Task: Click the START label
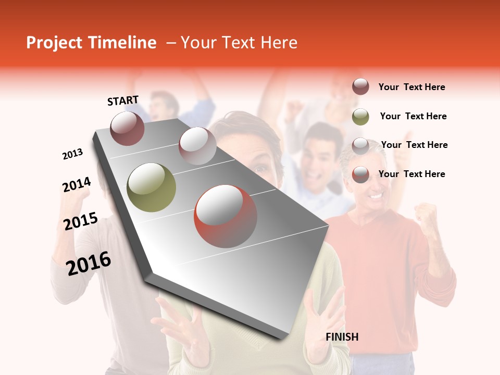click(123, 101)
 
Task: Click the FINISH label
click(342, 337)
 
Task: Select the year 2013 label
click(72, 154)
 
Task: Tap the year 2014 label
click(77, 185)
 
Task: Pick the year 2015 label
click(81, 221)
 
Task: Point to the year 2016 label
click(89, 264)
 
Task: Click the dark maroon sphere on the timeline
click(127, 128)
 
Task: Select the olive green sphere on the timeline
click(151, 187)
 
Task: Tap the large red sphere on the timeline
click(225, 216)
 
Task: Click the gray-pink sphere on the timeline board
click(197, 145)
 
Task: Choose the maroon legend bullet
click(360, 87)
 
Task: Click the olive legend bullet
click(360, 116)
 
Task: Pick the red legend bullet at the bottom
click(360, 174)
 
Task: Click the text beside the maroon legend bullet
click(411, 87)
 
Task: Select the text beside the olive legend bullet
click(413, 116)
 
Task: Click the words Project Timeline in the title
click(91, 43)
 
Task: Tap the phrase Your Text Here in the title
click(239, 43)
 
